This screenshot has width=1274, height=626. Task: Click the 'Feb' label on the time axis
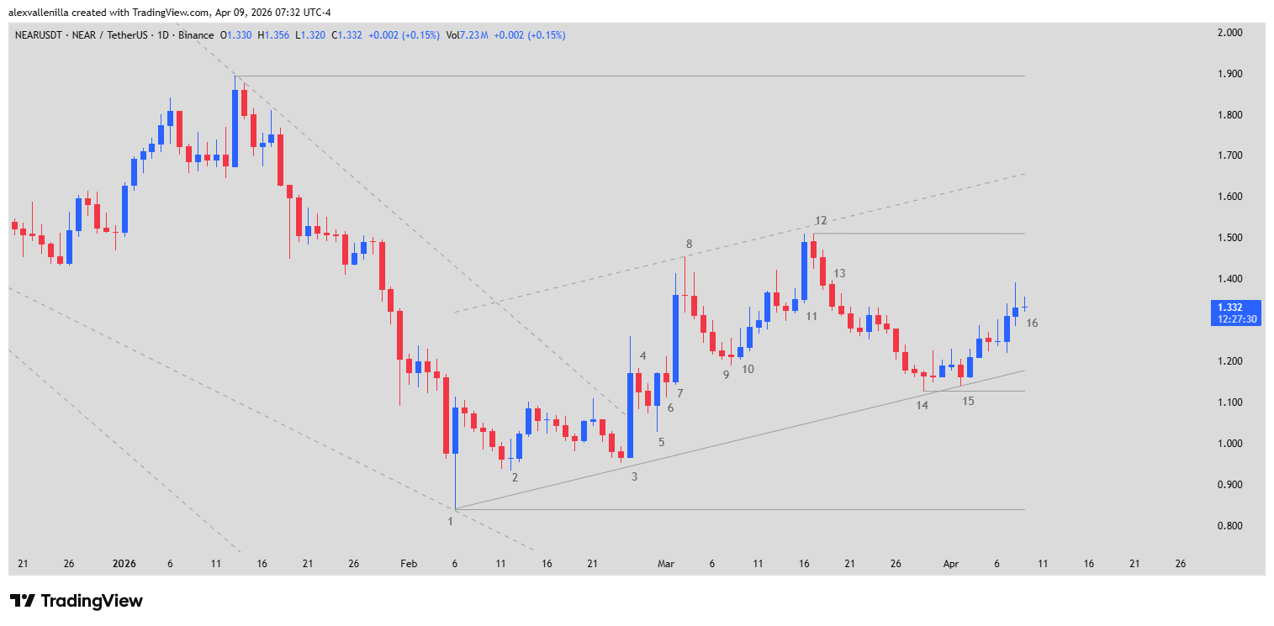(408, 564)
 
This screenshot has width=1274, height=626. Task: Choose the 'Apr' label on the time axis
(951, 564)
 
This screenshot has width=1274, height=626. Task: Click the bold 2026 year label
(124, 564)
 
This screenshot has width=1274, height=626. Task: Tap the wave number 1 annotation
(450, 521)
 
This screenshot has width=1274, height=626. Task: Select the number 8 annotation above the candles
(689, 245)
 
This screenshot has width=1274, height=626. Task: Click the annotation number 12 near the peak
(821, 221)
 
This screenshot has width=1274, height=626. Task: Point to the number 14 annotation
(922, 406)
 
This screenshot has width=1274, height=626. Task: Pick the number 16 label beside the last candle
(1032, 324)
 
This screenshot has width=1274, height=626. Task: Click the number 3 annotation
(634, 476)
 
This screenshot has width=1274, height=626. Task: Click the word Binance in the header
(195, 35)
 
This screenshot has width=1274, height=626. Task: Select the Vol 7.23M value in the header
(468, 35)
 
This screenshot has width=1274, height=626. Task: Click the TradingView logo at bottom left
(77, 601)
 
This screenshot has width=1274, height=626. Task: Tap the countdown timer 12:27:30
(1235, 319)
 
